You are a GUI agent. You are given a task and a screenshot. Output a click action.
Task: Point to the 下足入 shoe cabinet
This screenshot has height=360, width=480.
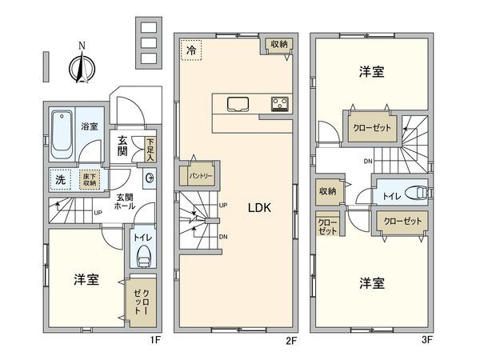[x=150, y=149]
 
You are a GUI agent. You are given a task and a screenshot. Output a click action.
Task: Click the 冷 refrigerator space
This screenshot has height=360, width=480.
[x=190, y=50]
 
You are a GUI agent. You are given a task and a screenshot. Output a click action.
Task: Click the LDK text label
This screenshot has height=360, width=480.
[x=259, y=208]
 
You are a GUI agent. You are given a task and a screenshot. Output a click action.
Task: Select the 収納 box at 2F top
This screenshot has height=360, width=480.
[x=278, y=46]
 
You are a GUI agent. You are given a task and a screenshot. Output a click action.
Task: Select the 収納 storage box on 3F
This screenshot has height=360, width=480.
[x=328, y=192]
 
